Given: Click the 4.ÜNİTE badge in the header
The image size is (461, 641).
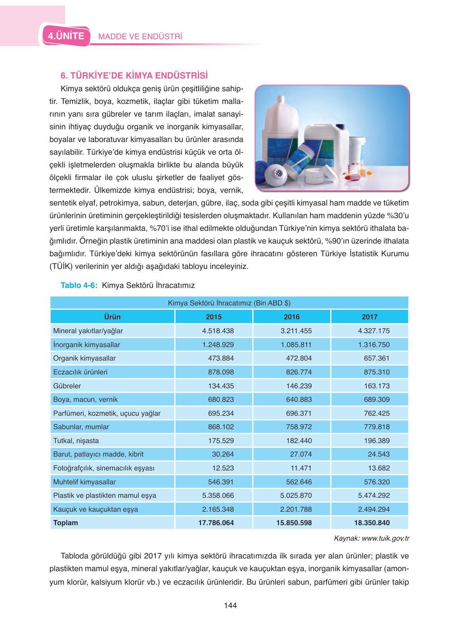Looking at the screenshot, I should click(x=66, y=36).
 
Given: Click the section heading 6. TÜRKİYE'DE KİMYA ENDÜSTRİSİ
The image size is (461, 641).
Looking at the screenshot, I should click(x=134, y=75).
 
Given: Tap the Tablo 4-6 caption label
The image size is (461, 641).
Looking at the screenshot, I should click(x=79, y=285).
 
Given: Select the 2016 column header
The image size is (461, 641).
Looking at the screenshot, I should click(x=291, y=317).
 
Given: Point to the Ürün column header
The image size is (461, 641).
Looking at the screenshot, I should click(x=112, y=317).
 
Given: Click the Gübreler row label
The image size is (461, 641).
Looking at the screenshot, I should click(x=67, y=386).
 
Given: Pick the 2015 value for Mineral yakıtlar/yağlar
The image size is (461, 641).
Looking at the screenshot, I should click(x=218, y=330).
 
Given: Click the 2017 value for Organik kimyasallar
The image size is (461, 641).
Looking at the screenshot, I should click(x=377, y=358).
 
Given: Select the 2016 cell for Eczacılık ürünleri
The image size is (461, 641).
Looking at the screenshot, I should click(x=298, y=372).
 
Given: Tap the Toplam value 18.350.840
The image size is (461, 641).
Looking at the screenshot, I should click(x=371, y=523).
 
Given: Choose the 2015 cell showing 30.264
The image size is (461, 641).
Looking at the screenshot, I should click(x=223, y=454).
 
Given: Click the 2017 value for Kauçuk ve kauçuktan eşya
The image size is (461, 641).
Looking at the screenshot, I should click(x=374, y=509).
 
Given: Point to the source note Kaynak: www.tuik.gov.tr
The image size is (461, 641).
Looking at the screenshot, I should click(x=371, y=538).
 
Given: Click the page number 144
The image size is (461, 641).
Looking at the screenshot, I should click(x=230, y=605).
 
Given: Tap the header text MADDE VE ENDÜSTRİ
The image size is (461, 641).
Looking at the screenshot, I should click(x=140, y=36).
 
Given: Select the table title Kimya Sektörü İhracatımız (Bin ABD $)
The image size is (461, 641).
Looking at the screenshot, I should click(x=229, y=303).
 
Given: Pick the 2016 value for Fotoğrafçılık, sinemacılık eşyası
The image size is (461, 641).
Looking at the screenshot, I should click(x=301, y=468).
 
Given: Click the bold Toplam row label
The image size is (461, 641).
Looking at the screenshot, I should click(x=65, y=523).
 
